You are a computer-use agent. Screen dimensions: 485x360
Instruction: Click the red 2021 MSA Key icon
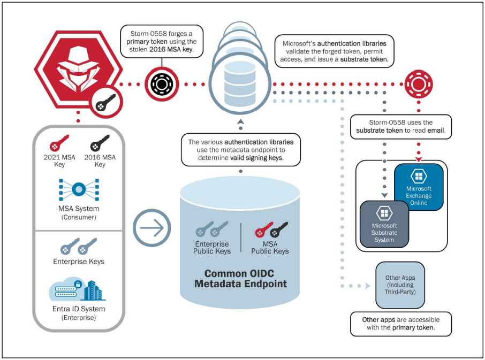click(59, 143)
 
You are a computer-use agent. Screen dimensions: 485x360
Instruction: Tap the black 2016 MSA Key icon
click(100, 143)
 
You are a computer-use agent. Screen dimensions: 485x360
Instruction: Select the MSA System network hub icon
click(79, 189)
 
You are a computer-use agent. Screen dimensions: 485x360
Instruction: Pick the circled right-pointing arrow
click(152, 228)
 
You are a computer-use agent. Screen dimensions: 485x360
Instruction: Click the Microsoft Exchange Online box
click(419, 187)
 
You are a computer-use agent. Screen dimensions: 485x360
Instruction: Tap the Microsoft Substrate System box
click(384, 224)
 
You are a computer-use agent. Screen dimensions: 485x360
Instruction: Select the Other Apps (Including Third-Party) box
click(400, 285)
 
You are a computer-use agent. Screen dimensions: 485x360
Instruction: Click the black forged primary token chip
click(162, 84)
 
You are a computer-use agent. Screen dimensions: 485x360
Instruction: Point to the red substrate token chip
click(419, 84)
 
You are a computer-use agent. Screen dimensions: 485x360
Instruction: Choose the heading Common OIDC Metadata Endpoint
click(240, 278)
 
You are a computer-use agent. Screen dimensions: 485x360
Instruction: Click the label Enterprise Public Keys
click(212, 248)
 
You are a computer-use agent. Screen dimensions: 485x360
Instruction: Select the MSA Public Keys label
click(270, 248)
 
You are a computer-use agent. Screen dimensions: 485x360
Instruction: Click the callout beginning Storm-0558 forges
click(162, 41)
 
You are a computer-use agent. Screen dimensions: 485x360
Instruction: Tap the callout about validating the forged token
click(335, 51)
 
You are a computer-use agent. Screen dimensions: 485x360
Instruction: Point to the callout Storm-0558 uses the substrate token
click(401, 126)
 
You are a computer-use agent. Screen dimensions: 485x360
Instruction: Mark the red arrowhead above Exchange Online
click(419, 159)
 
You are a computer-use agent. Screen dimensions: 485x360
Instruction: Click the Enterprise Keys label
click(79, 262)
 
